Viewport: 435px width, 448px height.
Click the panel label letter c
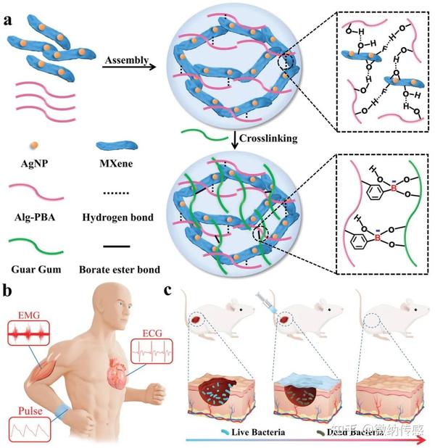click(169, 291)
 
